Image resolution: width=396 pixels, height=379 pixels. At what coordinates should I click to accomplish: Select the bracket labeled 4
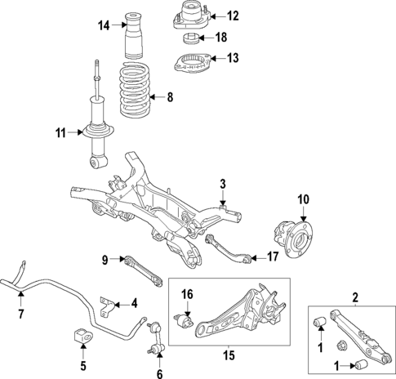click(x=105, y=304)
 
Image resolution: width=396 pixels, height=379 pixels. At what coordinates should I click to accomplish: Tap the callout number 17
click(x=274, y=256)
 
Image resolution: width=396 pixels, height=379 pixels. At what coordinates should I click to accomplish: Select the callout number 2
click(x=354, y=297)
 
